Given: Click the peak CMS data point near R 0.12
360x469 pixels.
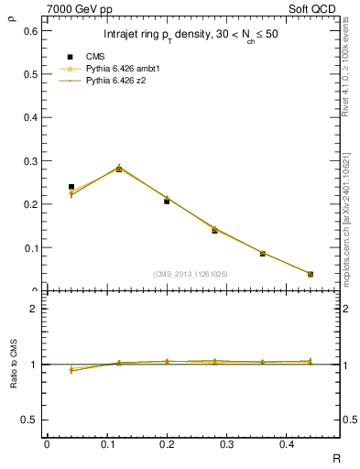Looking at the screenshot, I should [x=118, y=169].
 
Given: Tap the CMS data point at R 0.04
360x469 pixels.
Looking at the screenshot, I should [x=71, y=187].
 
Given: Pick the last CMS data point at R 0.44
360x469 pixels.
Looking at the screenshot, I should [x=310, y=274].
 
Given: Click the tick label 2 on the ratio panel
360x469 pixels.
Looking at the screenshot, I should [x=34, y=309].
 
